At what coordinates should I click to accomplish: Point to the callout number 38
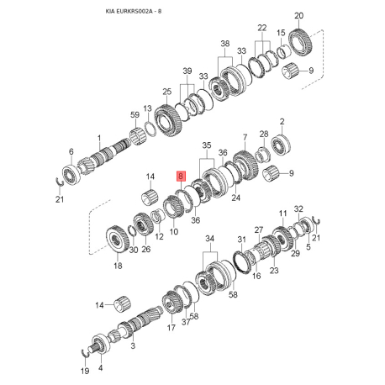point(224,43)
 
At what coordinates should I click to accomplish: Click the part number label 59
point(134,114)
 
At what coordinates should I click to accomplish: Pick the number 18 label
point(117,266)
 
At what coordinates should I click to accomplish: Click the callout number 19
point(82,370)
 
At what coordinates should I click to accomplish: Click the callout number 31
point(242,238)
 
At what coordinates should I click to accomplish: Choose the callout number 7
point(245,136)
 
